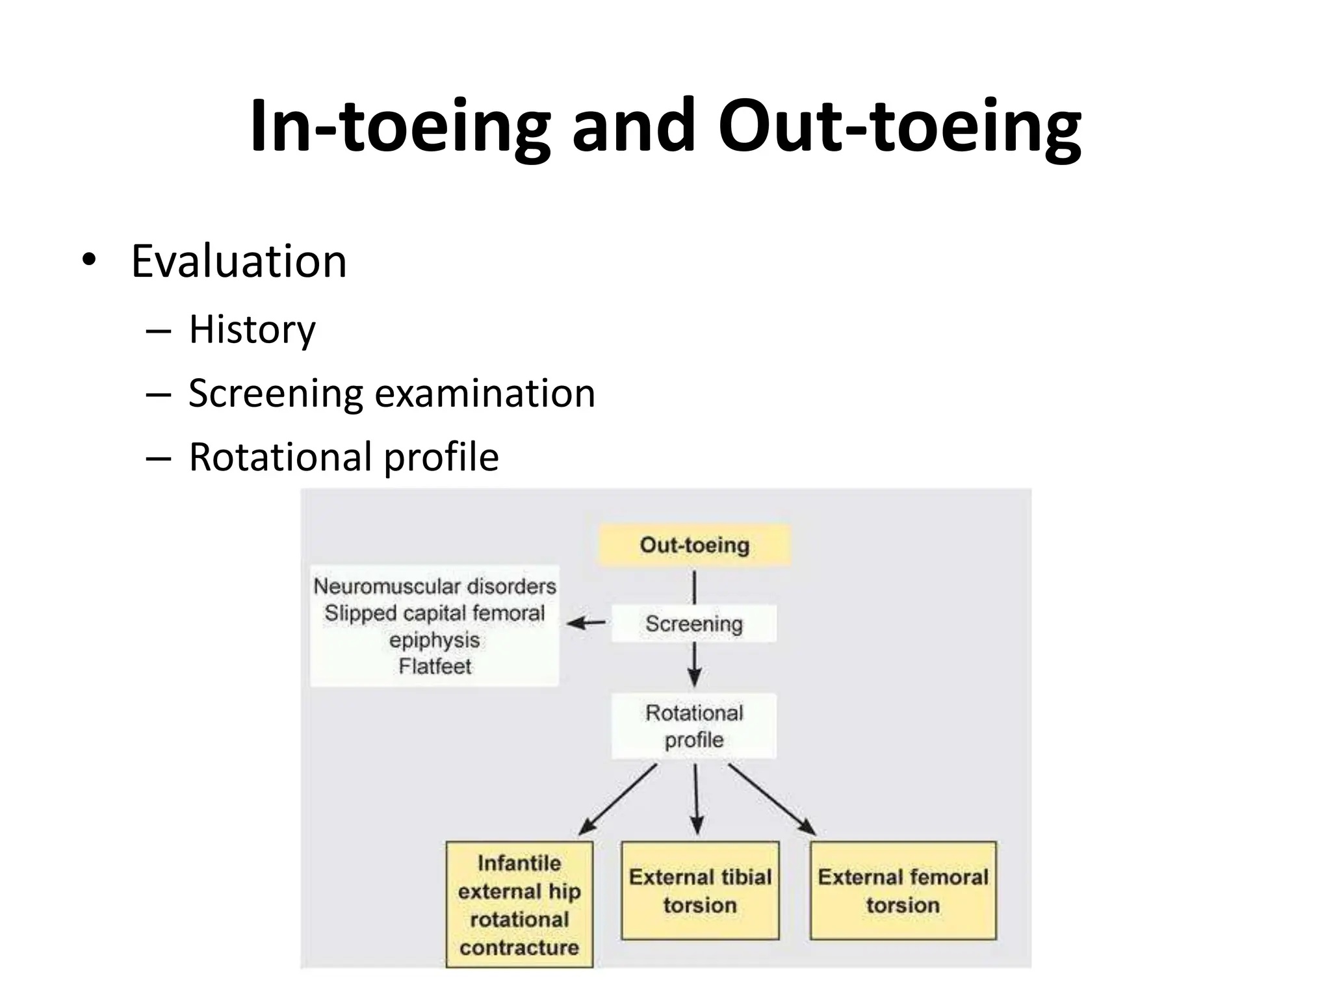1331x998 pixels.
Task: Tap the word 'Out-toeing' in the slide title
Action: (x=899, y=126)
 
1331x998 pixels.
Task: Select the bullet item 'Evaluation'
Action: (x=239, y=261)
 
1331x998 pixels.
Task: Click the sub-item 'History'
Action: (x=252, y=329)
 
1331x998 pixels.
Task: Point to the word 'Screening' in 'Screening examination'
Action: (x=276, y=394)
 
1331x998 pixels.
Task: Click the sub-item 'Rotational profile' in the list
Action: (x=343, y=457)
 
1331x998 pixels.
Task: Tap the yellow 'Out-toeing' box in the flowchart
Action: (x=694, y=545)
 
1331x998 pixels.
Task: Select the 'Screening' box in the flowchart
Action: (x=693, y=624)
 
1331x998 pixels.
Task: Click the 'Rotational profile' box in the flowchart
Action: (x=693, y=726)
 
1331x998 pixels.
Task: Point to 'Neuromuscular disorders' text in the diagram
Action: (x=434, y=587)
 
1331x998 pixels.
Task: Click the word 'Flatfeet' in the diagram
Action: (x=434, y=667)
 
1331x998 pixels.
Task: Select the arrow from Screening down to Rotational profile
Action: (x=694, y=664)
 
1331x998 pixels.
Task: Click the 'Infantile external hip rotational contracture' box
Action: (x=519, y=904)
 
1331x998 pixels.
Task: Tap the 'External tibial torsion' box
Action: (x=700, y=891)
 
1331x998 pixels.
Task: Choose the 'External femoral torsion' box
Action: (x=903, y=891)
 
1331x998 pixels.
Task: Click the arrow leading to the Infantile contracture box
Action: (x=617, y=799)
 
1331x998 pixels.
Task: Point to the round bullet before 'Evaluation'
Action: (x=88, y=261)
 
